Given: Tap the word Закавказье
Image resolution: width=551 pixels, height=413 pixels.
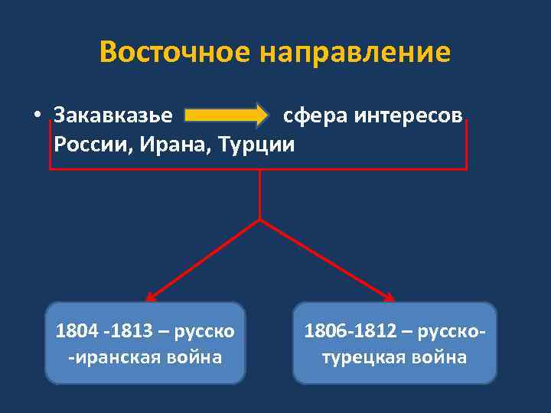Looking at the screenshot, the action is coord(112,115).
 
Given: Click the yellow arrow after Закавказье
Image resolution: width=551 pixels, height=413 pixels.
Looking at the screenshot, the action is coord(227,115).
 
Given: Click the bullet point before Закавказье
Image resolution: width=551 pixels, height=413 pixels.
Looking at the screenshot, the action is coord(37,115).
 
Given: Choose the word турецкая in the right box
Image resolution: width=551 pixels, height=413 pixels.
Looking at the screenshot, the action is coord(364,357).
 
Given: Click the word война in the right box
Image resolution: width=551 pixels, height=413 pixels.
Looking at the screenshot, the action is coord(438,357).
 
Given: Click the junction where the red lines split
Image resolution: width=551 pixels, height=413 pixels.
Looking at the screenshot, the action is coord(260,220).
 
